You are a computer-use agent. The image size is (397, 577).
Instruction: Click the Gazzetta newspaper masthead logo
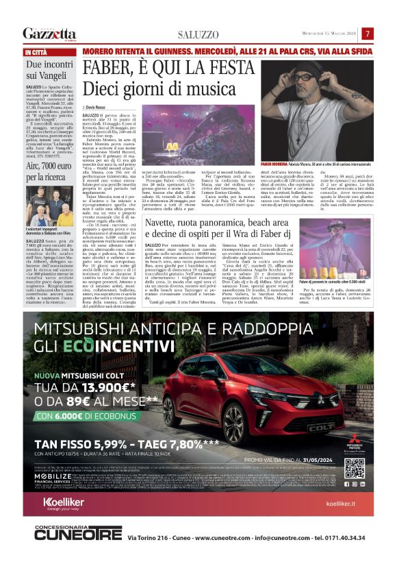click(49, 34)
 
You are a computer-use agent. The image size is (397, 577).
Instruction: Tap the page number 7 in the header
click(367, 34)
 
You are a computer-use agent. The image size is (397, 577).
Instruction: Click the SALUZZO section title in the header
click(198, 35)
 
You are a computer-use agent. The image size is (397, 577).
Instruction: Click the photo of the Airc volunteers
click(50, 206)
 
